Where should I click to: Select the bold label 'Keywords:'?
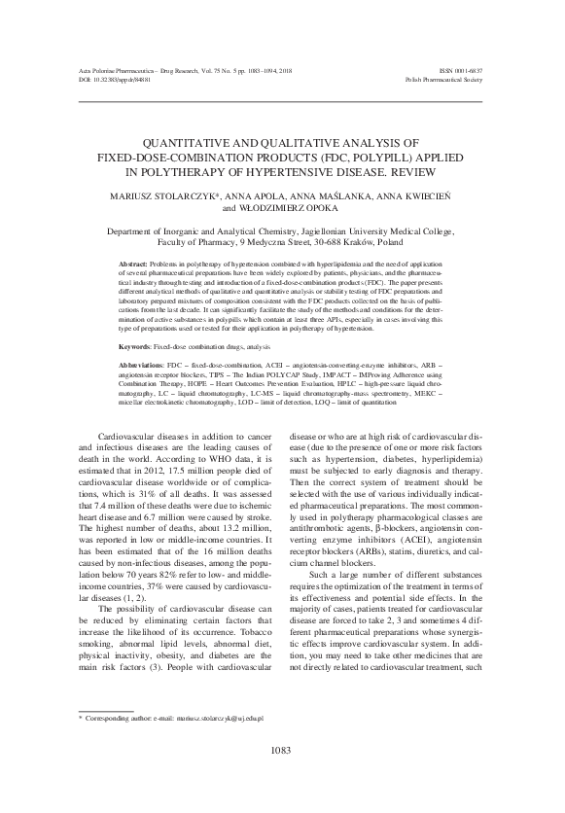133,346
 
